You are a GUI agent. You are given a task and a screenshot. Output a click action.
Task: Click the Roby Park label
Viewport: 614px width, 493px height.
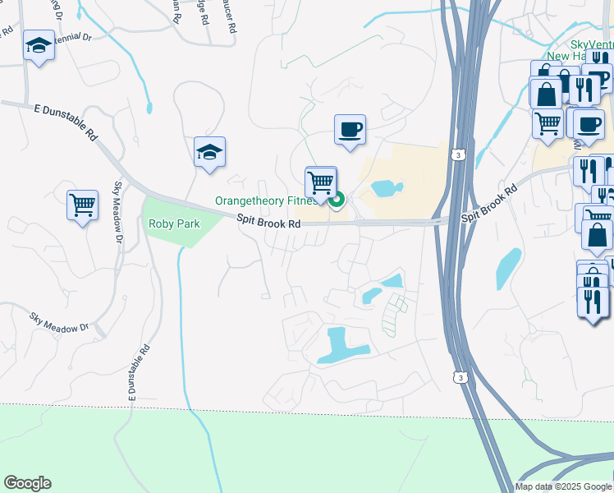click(173, 223)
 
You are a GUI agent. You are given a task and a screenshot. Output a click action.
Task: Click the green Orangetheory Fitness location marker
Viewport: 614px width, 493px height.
click(337, 199)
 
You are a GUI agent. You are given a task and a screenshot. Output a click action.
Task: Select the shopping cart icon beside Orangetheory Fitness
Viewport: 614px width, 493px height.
click(320, 182)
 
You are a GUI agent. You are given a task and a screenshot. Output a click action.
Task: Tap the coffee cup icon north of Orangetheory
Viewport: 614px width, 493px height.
click(350, 129)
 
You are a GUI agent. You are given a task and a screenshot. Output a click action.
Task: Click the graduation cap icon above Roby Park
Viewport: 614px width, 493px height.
click(209, 152)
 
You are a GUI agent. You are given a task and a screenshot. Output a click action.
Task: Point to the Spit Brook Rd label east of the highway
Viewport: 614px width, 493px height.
click(490, 204)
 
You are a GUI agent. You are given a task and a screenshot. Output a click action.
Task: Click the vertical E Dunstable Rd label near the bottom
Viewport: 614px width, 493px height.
click(139, 374)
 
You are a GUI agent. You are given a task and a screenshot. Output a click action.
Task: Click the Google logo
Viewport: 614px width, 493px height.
click(27, 483)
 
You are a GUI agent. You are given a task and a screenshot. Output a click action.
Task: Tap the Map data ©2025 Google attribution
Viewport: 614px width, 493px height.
click(562, 486)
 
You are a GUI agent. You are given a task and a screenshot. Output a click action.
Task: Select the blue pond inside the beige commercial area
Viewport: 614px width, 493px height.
click(384, 189)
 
